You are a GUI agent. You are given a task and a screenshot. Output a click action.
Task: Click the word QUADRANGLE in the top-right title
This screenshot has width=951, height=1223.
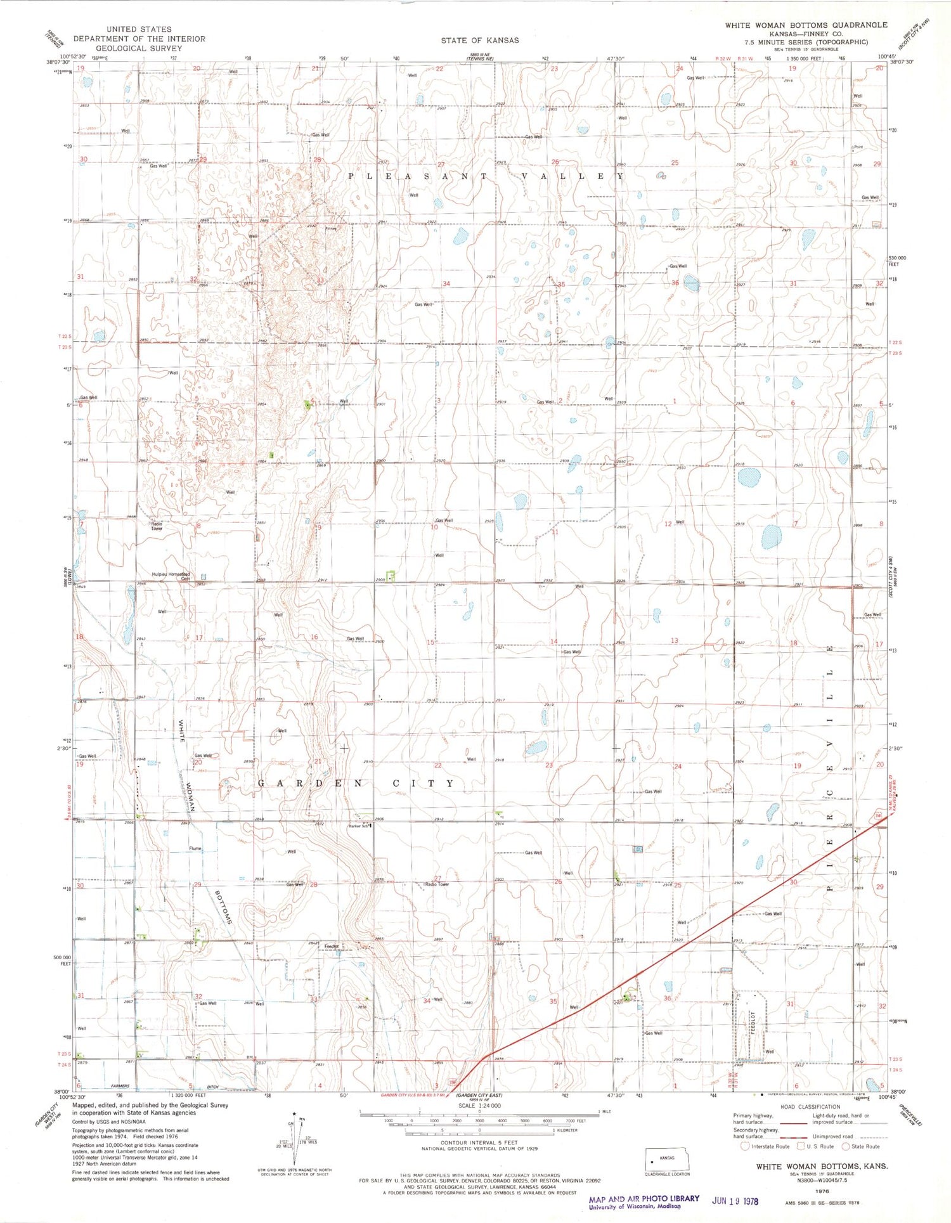point(861,25)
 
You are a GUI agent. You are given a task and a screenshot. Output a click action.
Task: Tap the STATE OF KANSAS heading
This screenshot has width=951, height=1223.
point(480,40)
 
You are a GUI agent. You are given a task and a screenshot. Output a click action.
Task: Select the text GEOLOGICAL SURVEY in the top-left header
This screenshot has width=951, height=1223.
point(139,48)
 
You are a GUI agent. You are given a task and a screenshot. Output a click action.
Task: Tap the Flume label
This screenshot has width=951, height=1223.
point(195,848)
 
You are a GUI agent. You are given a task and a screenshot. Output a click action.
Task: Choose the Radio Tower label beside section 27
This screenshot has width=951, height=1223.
point(437,884)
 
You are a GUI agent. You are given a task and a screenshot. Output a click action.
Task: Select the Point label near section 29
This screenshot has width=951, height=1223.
point(858,147)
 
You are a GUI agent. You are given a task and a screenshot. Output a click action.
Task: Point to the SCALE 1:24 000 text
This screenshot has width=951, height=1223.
point(479,1106)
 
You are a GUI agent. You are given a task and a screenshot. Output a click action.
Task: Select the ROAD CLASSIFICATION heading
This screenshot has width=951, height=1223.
point(810,1106)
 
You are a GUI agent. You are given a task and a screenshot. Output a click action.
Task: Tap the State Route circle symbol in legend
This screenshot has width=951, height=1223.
point(845,1146)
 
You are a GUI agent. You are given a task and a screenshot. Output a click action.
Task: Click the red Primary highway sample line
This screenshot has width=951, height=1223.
point(792,1123)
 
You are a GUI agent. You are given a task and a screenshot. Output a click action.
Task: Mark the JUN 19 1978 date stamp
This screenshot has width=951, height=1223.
point(735,1201)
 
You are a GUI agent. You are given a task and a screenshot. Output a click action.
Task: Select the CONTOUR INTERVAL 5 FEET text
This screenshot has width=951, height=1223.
point(480,1142)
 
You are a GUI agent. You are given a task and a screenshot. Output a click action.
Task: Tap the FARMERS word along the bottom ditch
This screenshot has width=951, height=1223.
point(120,1086)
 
